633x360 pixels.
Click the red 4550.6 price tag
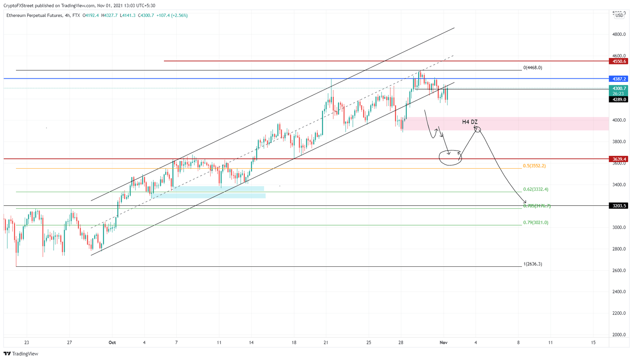[619, 61]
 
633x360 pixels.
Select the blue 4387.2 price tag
[619, 79]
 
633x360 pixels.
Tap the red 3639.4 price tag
[619, 159]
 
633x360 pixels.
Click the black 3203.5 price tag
[619, 206]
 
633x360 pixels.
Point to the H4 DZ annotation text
[469, 122]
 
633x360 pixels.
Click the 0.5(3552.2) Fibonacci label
[534, 166]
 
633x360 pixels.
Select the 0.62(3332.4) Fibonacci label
[535, 189]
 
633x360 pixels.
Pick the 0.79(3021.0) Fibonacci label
[535, 223]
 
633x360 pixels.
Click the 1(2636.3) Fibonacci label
[532, 264]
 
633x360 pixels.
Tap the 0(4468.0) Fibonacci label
[532, 68]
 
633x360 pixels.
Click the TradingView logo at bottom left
[21, 353]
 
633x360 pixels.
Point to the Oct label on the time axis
[112, 343]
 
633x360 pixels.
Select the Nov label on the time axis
[443, 343]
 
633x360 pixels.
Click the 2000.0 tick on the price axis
[619, 335]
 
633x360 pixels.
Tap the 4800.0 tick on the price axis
[619, 35]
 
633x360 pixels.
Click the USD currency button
[619, 16]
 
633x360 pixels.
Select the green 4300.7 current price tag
[619, 89]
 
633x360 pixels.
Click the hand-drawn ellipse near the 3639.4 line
[450, 158]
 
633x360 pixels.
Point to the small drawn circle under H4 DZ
[477, 129]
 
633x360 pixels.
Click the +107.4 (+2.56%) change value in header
[172, 16]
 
